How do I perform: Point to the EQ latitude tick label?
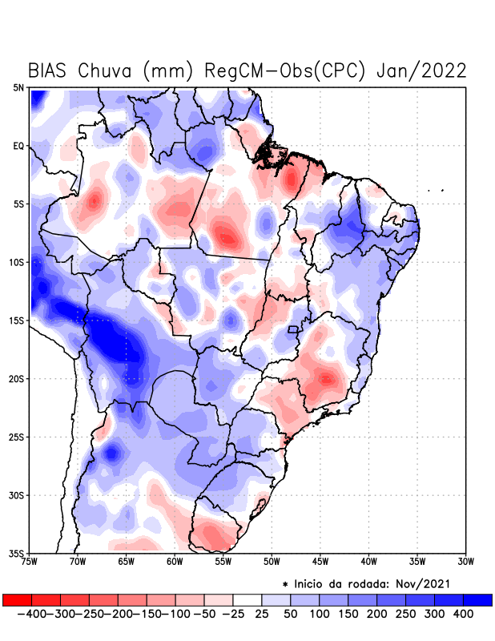click(18, 146)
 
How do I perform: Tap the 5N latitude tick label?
click(18, 87)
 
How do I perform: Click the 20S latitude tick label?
click(16, 379)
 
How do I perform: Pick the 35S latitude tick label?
click(16, 554)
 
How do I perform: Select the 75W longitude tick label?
click(30, 562)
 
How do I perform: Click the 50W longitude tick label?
click(272, 562)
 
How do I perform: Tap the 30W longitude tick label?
click(465, 562)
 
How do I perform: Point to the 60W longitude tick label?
click(175, 562)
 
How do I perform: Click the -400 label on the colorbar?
click(31, 614)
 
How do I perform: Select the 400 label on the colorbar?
click(464, 614)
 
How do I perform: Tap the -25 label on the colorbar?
click(232, 614)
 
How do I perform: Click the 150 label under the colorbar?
click(348, 614)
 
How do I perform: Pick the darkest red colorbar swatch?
click(17, 600)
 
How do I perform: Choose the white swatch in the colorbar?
click(247, 600)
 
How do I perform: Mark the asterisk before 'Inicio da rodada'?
click(285, 584)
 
